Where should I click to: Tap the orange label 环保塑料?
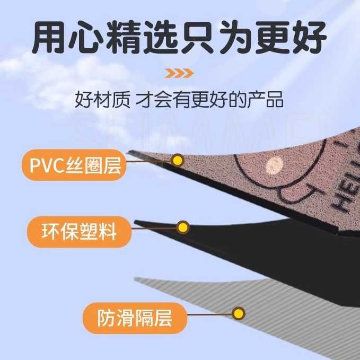pos(78,232)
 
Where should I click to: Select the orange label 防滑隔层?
pos(135,319)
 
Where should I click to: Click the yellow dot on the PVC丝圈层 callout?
pos(178,159)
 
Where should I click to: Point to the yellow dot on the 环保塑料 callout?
pos(183,228)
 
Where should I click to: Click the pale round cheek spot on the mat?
pos(273,165)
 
